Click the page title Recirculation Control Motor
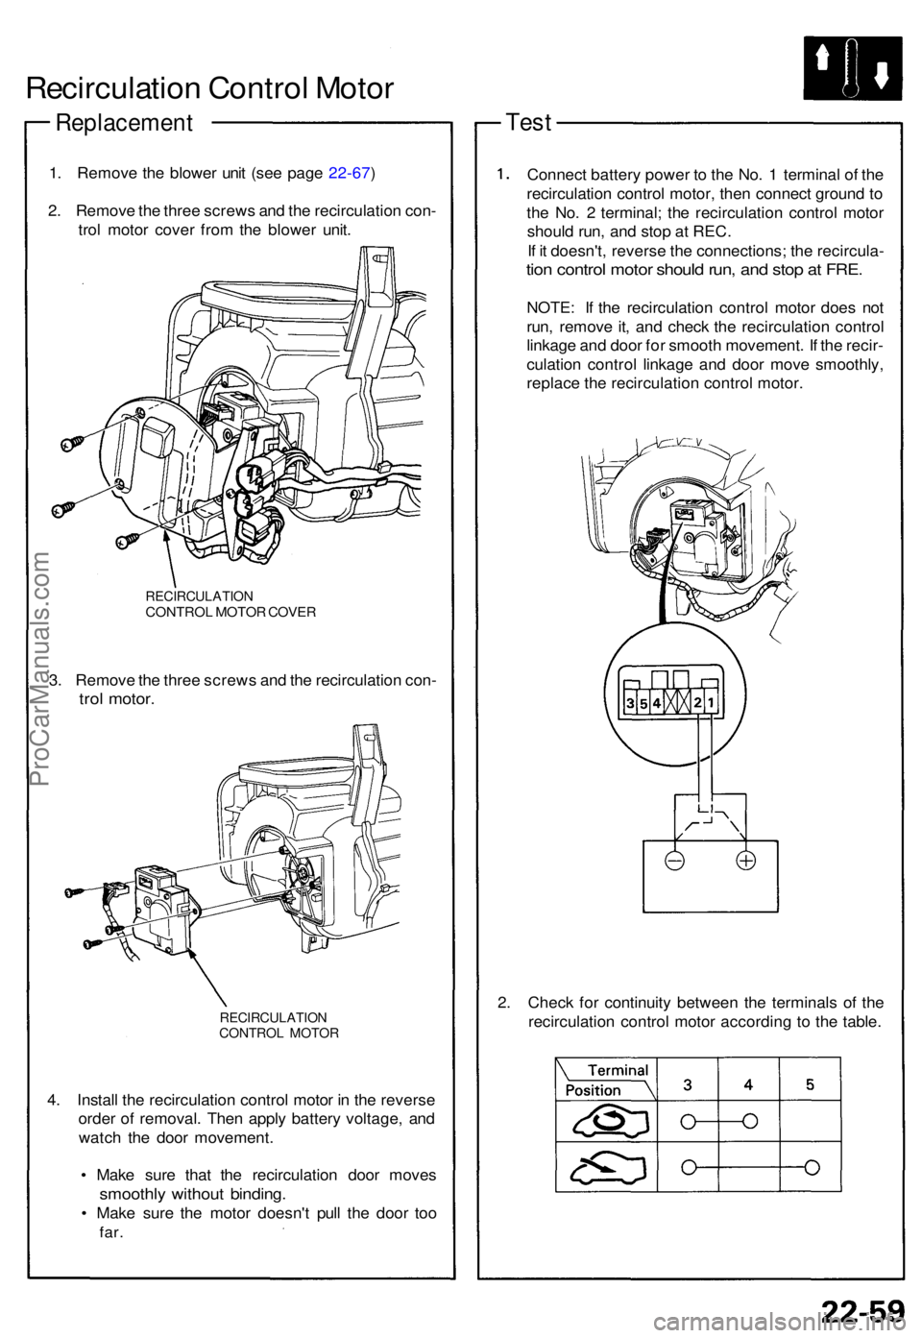point(209,88)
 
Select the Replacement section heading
point(124,123)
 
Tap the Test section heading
point(528,122)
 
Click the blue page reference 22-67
point(349,173)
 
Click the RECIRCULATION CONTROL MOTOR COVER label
point(230,604)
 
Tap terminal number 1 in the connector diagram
point(710,702)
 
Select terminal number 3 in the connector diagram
point(630,702)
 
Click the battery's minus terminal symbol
point(675,861)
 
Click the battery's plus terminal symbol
point(745,861)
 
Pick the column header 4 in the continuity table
point(748,1084)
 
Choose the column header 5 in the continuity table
point(810,1084)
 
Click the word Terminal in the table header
point(618,1070)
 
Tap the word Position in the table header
point(593,1090)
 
